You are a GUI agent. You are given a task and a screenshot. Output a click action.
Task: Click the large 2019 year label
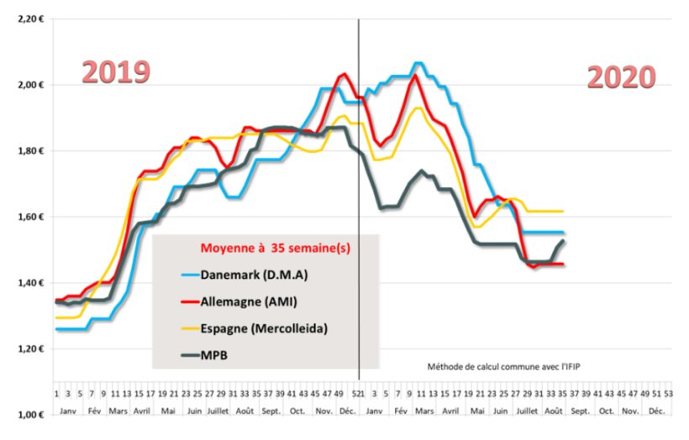[x=115, y=72]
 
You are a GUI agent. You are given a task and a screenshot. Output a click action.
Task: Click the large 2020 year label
[x=620, y=77]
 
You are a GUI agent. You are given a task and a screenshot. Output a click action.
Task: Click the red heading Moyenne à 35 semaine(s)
[x=271, y=248]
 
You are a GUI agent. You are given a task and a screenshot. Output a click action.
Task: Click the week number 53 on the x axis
[x=668, y=393]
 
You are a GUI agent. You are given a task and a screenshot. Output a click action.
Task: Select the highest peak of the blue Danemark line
[x=418, y=63]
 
